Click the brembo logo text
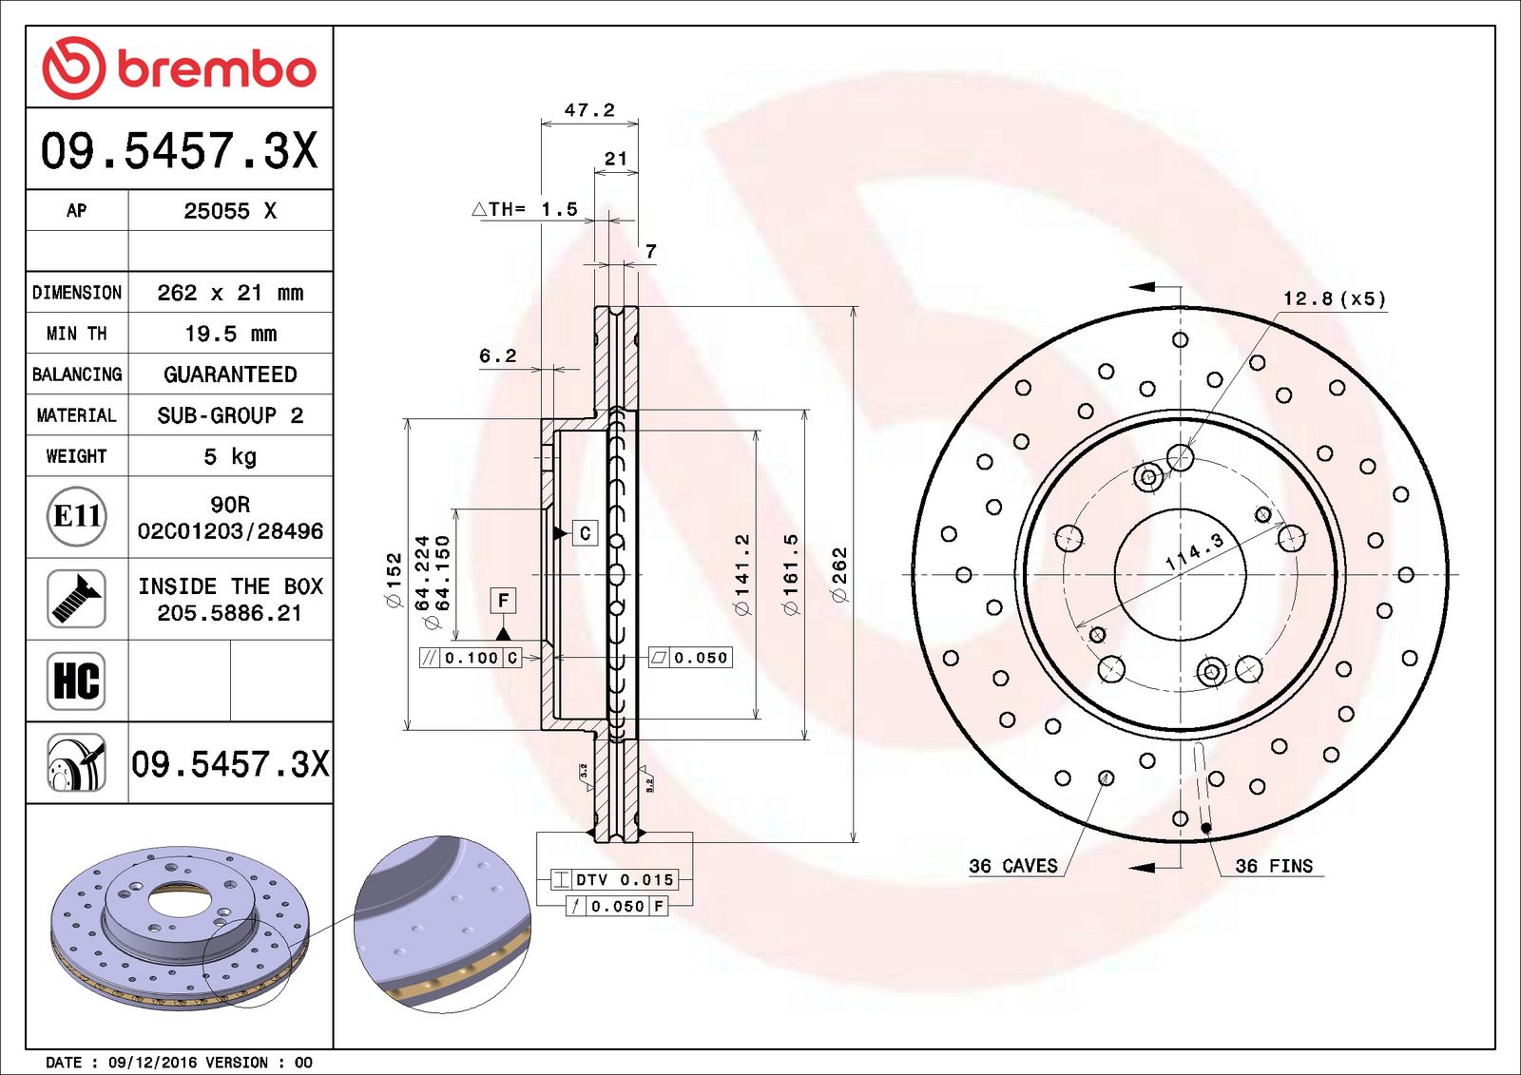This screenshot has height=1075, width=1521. (x=216, y=69)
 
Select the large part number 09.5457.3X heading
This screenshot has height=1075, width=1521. (x=179, y=150)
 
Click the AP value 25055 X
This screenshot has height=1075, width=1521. (x=230, y=211)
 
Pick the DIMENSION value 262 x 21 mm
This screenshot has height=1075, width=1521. (x=230, y=293)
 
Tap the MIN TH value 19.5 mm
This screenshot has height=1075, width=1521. (x=230, y=334)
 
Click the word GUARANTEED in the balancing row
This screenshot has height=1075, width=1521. (x=230, y=374)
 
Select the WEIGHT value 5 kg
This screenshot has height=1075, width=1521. (x=230, y=456)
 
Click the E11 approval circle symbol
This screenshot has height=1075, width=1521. (x=76, y=516)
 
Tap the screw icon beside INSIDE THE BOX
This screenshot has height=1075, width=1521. (x=76, y=598)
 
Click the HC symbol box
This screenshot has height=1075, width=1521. (x=76, y=681)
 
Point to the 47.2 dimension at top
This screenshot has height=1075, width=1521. (x=589, y=110)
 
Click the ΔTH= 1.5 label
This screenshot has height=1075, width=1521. (x=525, y=209)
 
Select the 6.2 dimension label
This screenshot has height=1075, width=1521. (x=497, y=355)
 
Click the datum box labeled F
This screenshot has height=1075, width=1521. (x=503, y=600)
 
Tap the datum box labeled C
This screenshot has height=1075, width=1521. (x=585, y=533)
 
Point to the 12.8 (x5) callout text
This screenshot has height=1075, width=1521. (x=1334, y=298)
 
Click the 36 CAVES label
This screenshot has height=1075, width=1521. (x=1012, y=866)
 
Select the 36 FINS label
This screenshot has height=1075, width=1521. (x=1273, y=866)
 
